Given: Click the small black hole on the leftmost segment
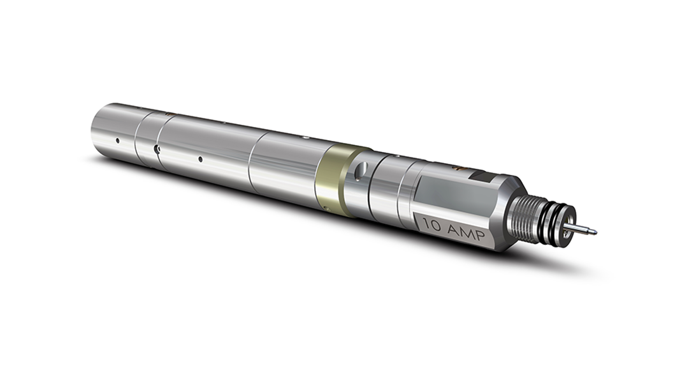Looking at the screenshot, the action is tap(117, 140).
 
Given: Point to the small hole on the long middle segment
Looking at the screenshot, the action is tap(200, 159).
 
